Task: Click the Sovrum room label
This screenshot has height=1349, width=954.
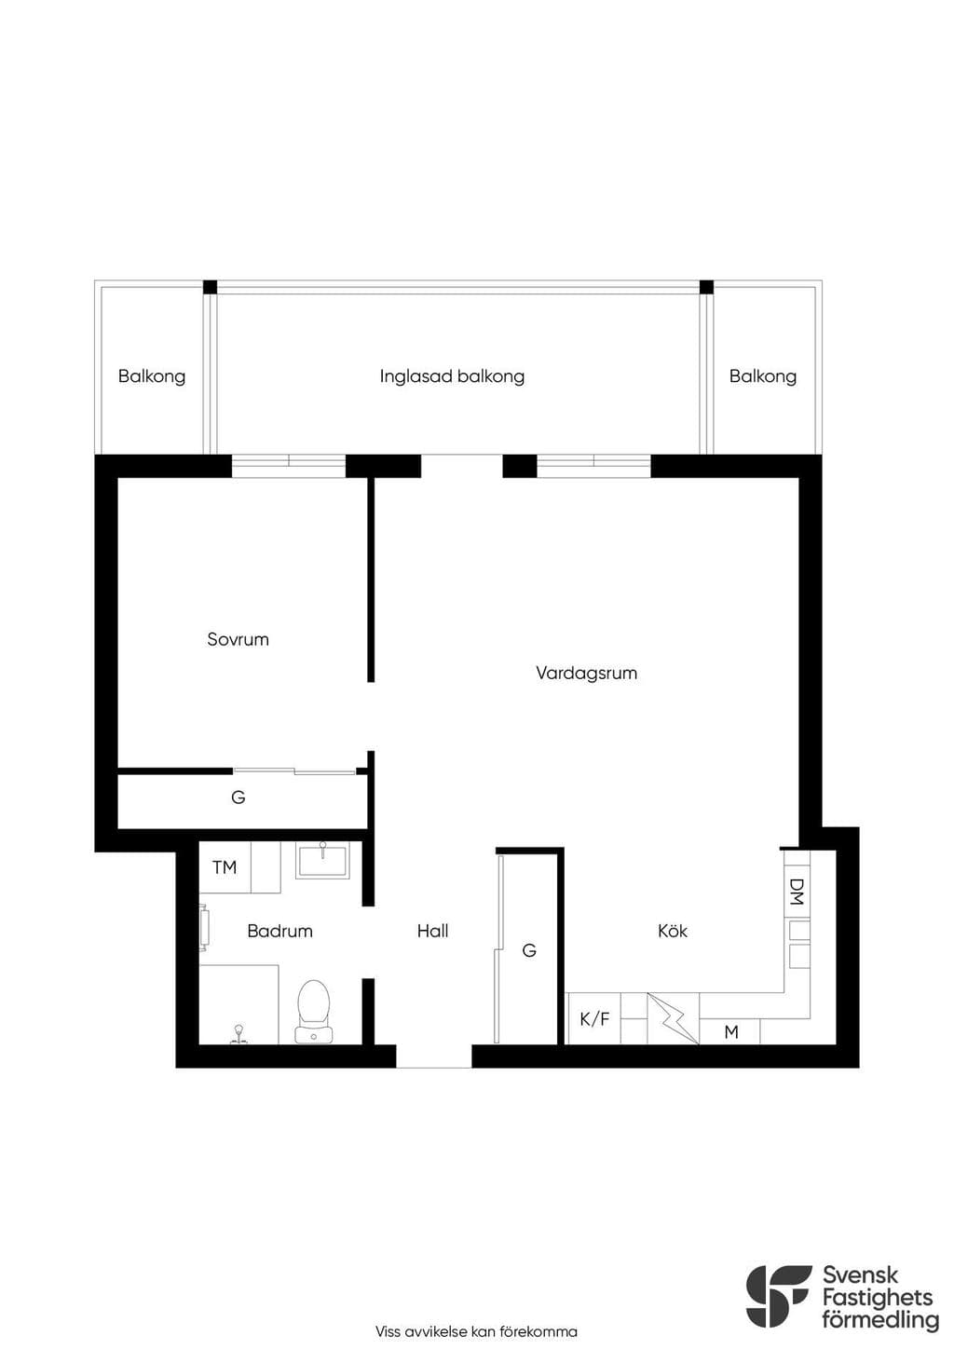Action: tap(238, 639)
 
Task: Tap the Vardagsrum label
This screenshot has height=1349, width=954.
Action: tap(587, 673)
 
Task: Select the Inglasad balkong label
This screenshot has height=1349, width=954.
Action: tap(452, 376)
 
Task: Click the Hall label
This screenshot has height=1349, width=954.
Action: tap(433, 931)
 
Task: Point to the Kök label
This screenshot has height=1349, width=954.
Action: tap(672, 931)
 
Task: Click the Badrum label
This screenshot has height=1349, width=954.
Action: tap(280, 931)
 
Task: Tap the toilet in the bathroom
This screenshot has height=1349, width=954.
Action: tap(314, 1011)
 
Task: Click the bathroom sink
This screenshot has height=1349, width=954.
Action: tap(322, 860)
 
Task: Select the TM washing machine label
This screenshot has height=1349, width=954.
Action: tap(224, 868)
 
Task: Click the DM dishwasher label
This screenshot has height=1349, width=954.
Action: tap(797, 892)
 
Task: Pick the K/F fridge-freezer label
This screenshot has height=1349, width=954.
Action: tap(594, 1019)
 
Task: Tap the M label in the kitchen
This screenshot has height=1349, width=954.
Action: tap(731, 1032)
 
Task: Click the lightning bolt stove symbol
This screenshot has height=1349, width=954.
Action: tap(674, 1018)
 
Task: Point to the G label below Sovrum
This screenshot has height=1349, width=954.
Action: tap(238, 797)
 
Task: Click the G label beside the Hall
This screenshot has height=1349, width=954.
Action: tap(529, 950)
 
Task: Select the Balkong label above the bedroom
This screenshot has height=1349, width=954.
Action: tap(152, 376)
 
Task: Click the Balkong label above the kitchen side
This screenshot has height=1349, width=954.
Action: tap(763, 376)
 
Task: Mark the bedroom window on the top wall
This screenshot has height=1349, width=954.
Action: tap(289, 466)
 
